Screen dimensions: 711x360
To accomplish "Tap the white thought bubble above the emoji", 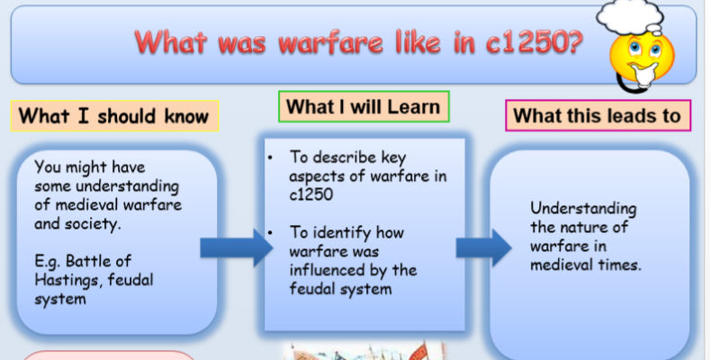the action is click(x=629, y=17).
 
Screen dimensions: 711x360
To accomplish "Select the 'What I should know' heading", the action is click(x=114, y=116).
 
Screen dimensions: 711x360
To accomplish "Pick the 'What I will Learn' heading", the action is click(x=364, y=107).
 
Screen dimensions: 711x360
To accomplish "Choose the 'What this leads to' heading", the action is click(x=598, y=115).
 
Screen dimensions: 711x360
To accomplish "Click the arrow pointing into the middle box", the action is click(x=236, y=248).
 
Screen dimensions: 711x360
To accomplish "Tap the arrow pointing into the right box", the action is click(x=484, y=248).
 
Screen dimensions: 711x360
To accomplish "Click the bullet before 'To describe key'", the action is click(x=270, y=157).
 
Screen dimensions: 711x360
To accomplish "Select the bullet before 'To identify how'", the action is click(x=270, y=233).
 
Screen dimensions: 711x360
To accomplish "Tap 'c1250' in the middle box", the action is click(x=311, y=194).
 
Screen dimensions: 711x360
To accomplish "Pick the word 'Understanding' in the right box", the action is click(x=583, y=209).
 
